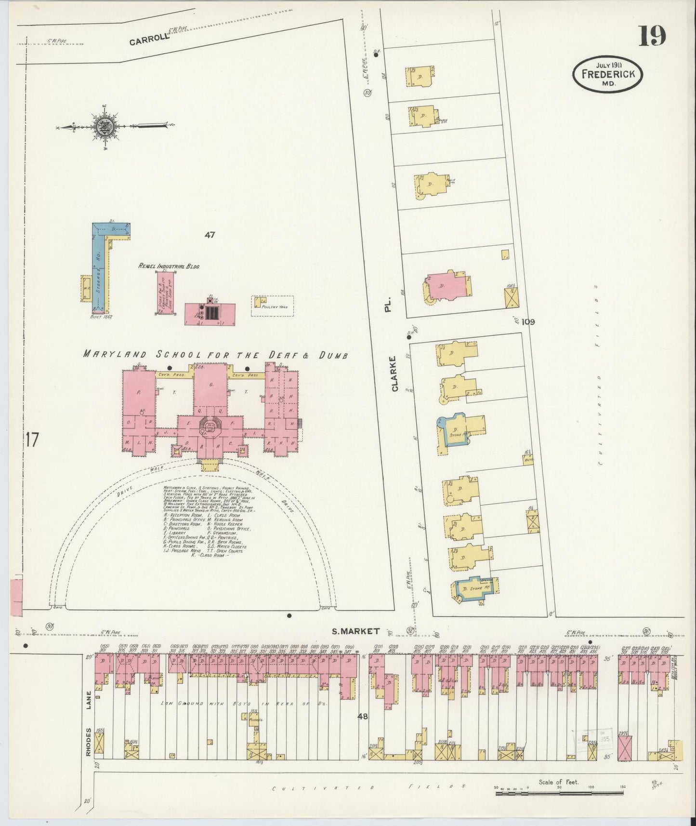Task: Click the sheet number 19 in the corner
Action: coord(653,36)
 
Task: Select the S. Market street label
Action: coord(356,631)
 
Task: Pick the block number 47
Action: coord(209,235)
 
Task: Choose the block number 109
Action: coord(527,321)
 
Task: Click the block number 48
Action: coord(362,717)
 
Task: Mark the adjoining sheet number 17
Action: coord(31,440)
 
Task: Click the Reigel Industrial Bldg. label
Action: coord(169,266)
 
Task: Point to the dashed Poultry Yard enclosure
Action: coord(272,306)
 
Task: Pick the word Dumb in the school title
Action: coord(332,355)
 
